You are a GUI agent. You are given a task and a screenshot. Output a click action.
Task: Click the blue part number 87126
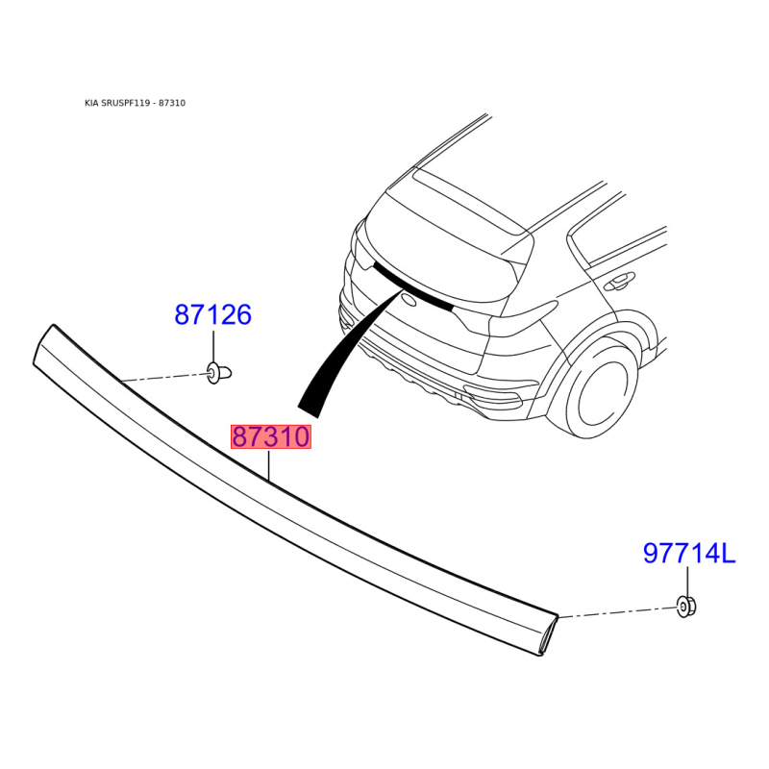point(212,314)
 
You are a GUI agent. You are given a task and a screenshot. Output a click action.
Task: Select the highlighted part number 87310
point(271,437)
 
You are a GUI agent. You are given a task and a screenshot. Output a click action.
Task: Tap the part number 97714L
point(689,554)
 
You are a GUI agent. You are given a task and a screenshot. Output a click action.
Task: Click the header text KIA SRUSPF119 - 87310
point(135,103)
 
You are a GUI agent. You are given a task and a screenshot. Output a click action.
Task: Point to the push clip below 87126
point(219,373)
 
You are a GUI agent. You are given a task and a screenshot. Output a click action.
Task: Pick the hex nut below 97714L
point(686,608)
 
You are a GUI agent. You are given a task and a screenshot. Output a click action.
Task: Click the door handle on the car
point(618,282)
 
